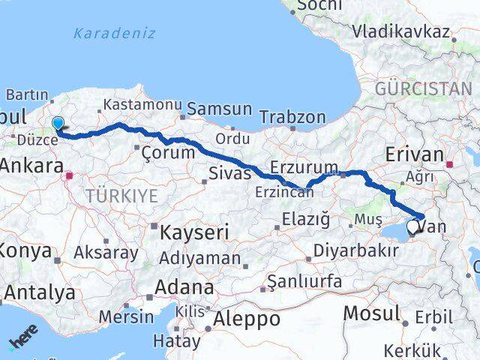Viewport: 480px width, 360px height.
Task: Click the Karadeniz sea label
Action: [x=115, y=33]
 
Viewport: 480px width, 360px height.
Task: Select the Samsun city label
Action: [x=219, y=109]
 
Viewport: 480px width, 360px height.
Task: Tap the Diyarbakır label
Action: [x=355, y=250]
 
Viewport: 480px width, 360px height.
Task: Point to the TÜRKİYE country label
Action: [x=121, y=196]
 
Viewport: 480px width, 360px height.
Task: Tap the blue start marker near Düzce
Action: [x=58, y=124]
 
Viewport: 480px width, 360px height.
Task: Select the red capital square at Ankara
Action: [x=70, y=177]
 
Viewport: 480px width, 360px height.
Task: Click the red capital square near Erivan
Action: [x=450, y=164]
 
